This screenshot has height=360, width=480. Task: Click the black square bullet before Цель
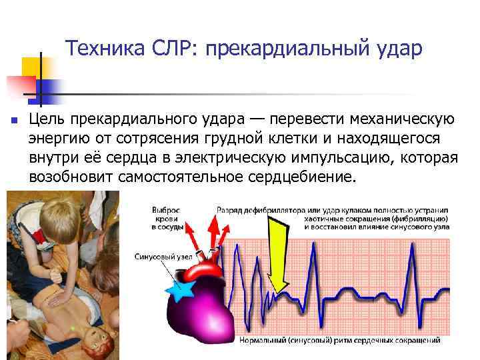pos(13,121)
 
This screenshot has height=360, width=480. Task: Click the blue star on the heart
pos(182,291)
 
